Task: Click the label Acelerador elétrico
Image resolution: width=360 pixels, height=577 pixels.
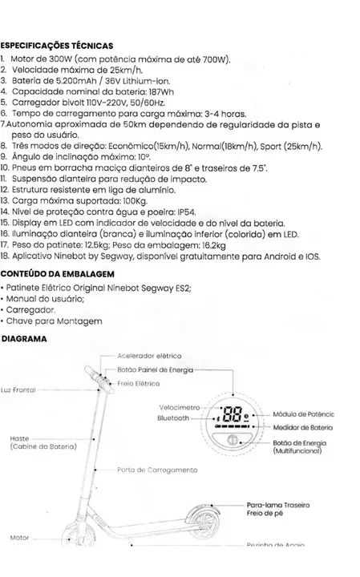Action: click(x=149, y=355)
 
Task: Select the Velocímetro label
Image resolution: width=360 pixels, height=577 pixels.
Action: click(x=180, y=406)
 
